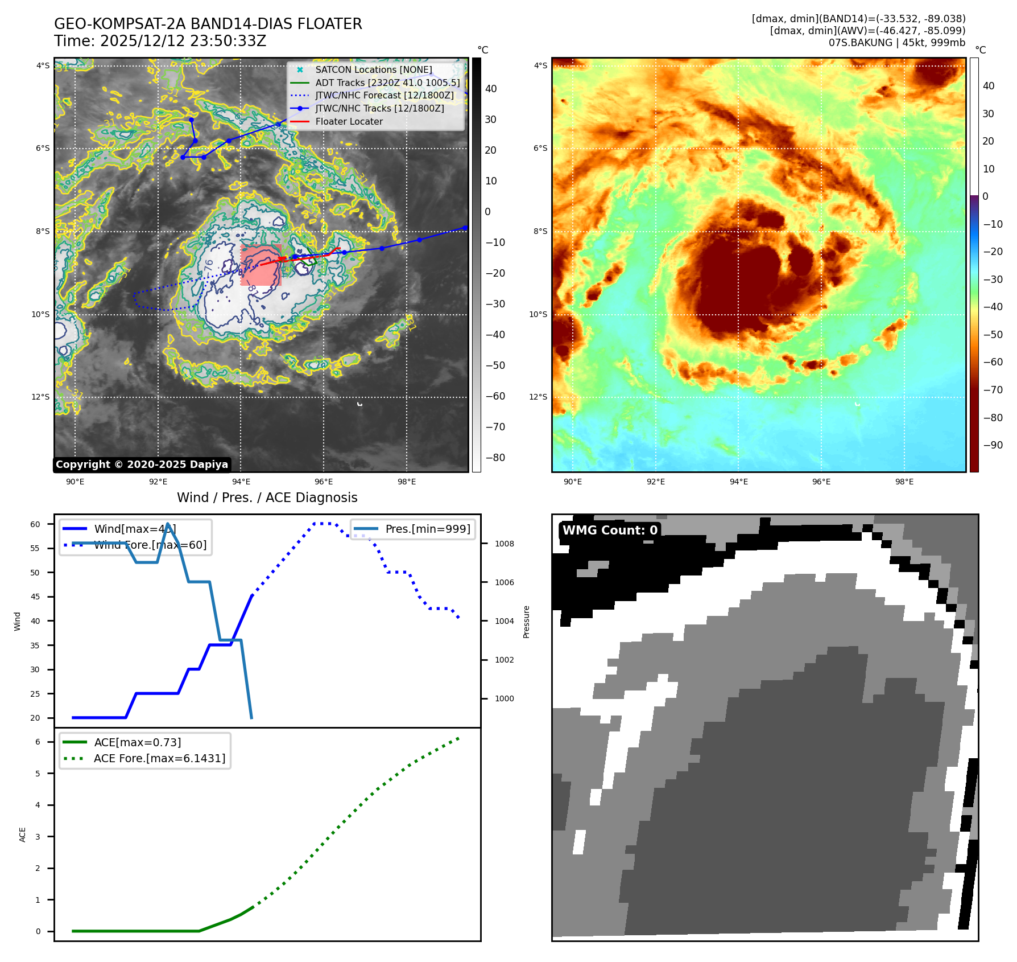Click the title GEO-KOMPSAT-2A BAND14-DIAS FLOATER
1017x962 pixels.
(208, 24)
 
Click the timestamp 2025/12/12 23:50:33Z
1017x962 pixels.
(183, 41)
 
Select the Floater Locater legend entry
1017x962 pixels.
(349, 121)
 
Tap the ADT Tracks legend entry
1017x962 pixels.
(387, 83)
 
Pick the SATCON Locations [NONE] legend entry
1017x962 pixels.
(373, 69)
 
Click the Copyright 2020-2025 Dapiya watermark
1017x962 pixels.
(142, 464)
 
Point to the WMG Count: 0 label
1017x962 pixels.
(610, 530)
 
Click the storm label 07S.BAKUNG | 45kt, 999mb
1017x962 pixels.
(896, 43)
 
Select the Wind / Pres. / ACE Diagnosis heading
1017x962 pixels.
(267, 498)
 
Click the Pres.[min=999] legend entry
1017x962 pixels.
(427, 529)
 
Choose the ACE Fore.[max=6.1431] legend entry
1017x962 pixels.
(159, 758)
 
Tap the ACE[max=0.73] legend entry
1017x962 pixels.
(137, 742)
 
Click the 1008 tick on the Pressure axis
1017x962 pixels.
(504, 544)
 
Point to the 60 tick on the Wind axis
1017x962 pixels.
(35, 524)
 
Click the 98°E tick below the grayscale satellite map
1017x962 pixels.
(406, 482)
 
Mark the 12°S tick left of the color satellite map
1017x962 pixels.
(538, 397)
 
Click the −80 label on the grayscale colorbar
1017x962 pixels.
(495, 457)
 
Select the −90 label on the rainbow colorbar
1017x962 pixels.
(993, 445)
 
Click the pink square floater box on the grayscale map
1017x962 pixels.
(261, 265)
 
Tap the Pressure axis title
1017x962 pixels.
(526, 622)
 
